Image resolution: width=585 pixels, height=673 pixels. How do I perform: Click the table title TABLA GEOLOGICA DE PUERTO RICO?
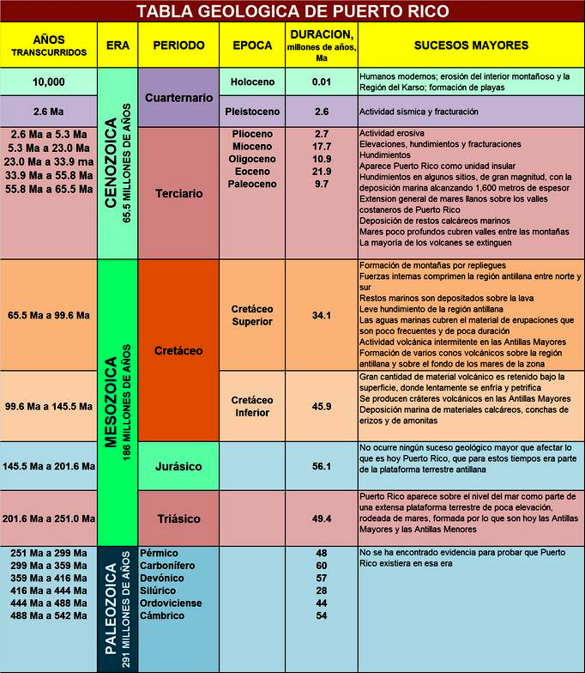coord(292,11)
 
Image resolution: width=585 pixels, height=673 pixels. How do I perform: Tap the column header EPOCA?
coord(252,45)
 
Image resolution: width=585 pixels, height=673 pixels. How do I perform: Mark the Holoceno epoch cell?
coord(252,82)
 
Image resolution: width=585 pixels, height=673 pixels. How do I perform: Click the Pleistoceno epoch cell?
coord(252,112)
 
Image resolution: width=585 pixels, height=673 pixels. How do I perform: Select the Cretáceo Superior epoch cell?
coord(252,315)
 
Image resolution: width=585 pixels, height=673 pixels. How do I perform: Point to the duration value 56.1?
coord(322,467)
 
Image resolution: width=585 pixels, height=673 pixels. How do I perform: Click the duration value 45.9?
coord(322,406)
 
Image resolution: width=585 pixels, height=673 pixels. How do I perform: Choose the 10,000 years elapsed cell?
coord(49,82)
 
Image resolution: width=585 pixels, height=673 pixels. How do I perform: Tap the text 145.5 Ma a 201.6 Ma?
coord(49,467)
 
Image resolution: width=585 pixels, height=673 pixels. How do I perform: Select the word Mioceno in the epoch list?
coord(252,147)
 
